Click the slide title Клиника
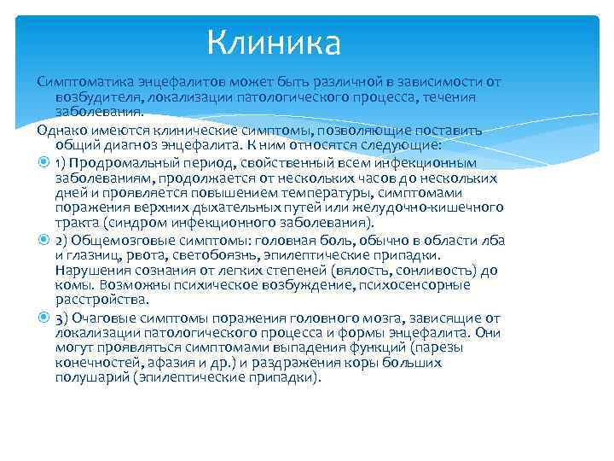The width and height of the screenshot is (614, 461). click(274, 41)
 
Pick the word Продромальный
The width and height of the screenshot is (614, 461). click(119, 161)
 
